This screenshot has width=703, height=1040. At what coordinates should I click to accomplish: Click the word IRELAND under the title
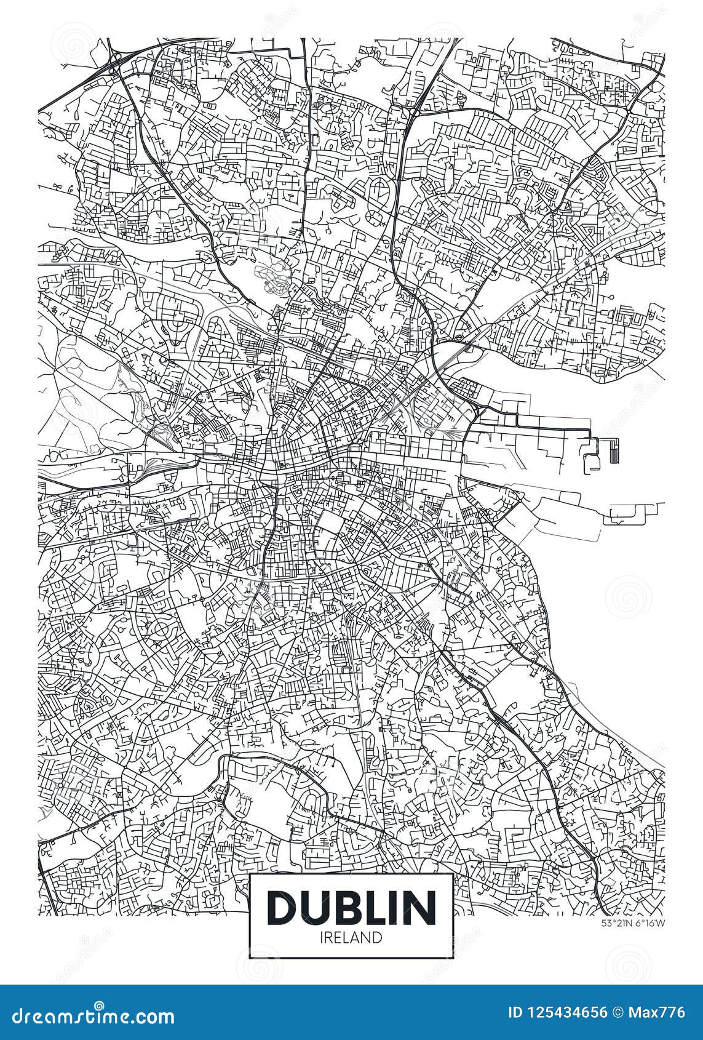pos(351,937)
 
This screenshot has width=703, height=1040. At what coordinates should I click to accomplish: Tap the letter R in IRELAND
pos(332,937)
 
